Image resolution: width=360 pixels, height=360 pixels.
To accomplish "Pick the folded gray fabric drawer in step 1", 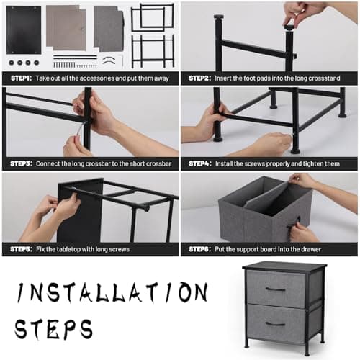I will (x=109, y=28).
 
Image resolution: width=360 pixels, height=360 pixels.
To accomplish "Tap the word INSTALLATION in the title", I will (x=112, y=293).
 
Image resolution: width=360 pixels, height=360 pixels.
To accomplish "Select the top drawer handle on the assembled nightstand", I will (x=275, y=289).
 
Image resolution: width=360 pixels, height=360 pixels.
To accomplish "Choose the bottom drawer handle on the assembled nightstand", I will (x=275, y=323).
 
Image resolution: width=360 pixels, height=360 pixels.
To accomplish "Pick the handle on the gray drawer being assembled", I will (x=292, y=225).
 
